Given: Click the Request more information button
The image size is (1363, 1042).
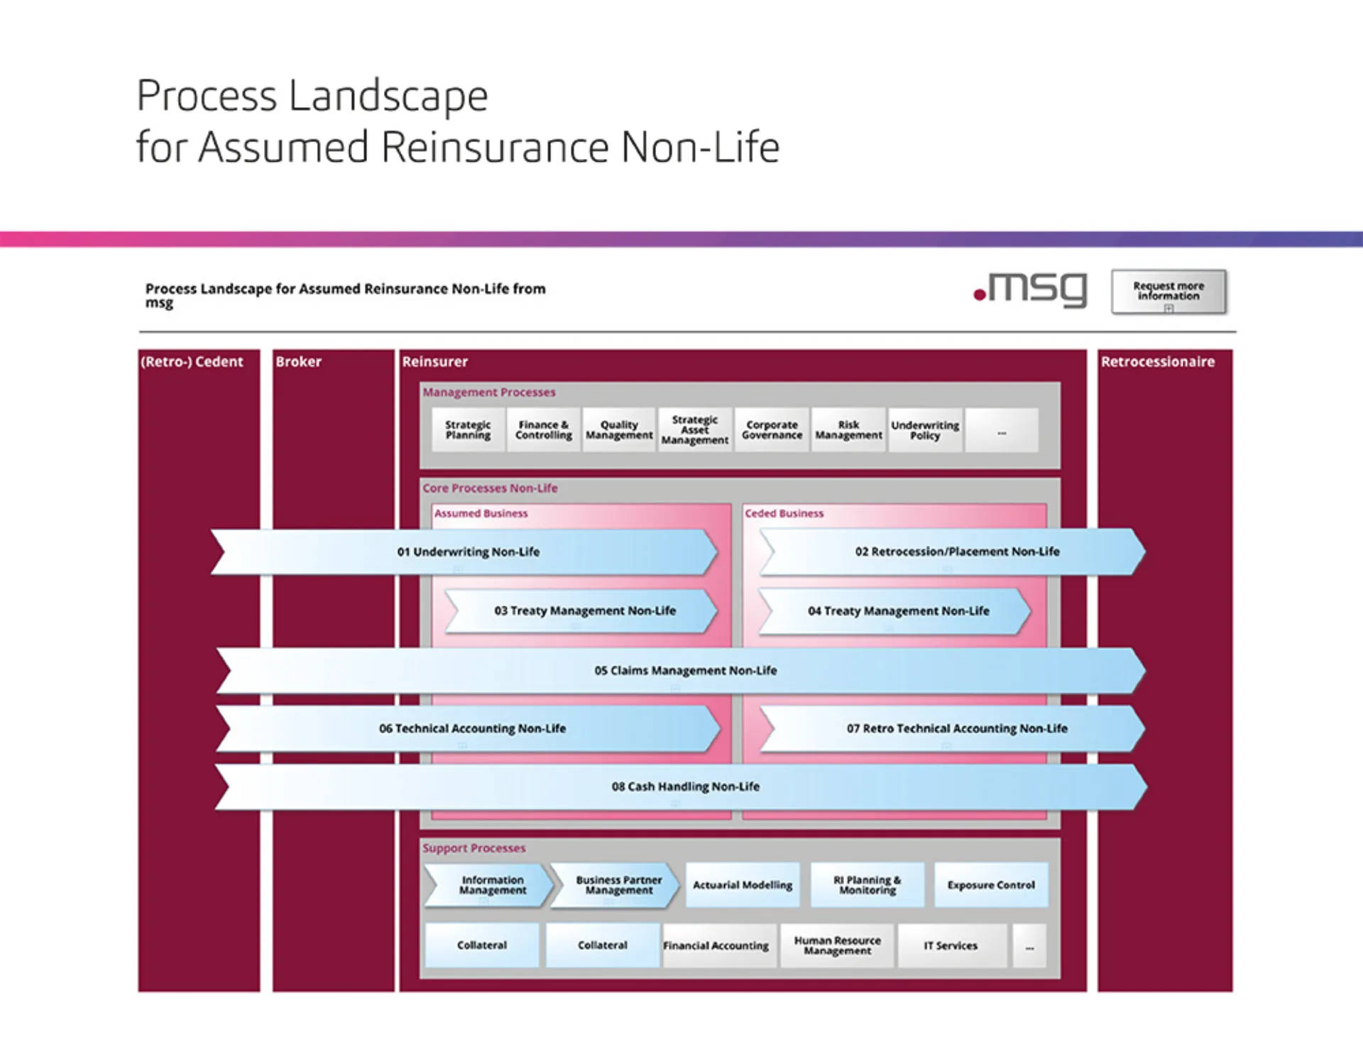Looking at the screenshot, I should [1168, 291].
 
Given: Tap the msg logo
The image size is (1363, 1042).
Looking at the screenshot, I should [1030, 289].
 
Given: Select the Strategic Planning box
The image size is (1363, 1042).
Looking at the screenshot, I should [468, 430].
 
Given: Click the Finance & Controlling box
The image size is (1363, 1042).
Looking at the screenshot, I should [544, 430].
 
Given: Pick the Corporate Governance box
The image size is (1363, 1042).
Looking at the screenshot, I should [772, 430].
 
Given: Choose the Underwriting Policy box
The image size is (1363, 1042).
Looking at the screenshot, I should [925, 430].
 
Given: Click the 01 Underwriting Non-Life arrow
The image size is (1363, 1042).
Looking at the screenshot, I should [468, 552].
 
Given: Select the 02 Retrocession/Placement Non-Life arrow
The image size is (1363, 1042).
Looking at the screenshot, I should [956, 552].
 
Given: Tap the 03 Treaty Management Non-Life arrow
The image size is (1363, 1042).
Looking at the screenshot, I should [584, 610].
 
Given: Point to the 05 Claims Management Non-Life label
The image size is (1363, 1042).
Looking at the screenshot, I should [685, 670].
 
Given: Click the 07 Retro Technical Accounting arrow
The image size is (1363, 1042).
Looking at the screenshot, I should [956, 728].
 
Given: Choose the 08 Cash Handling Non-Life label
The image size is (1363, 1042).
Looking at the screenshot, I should [685, 786].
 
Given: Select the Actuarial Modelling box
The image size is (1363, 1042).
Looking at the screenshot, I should [743, 885].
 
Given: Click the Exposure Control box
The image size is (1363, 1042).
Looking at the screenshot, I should [991, 885].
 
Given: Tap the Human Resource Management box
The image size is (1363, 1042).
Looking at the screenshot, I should [837, 945].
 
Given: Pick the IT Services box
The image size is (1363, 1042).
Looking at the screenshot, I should [951, 945].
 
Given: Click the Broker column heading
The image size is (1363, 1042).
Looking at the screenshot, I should [299, 361].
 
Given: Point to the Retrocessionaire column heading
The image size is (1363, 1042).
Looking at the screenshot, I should [1157, 361].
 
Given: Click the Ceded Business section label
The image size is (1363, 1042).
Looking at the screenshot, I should [784, 513].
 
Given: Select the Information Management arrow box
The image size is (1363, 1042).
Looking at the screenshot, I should [492, 885].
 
